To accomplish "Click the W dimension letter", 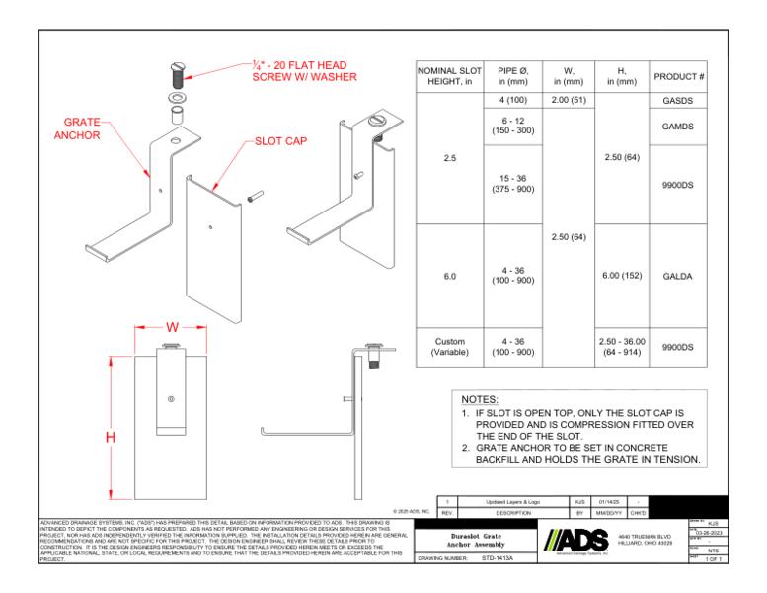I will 171,328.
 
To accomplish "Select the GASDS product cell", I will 677,101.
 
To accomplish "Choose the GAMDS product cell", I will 677,128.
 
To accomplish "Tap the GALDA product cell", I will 677,279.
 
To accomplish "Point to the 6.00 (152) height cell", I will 622,279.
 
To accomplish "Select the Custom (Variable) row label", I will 449,347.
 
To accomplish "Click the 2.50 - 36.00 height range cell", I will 622,347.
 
